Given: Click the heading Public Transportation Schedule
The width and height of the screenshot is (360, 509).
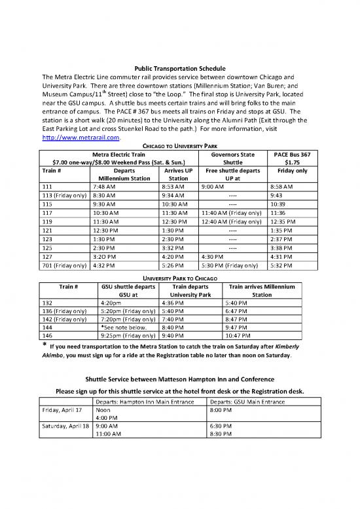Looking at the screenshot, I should pyautogui.click(x=179, y=68).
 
